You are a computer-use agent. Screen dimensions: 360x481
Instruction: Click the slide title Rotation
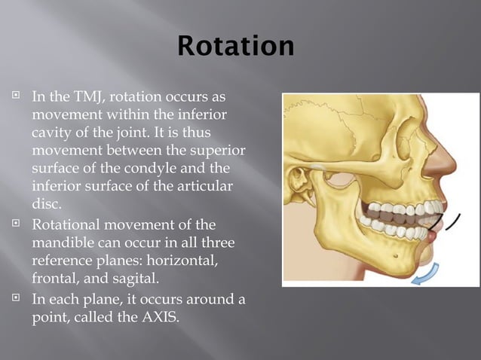236,47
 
